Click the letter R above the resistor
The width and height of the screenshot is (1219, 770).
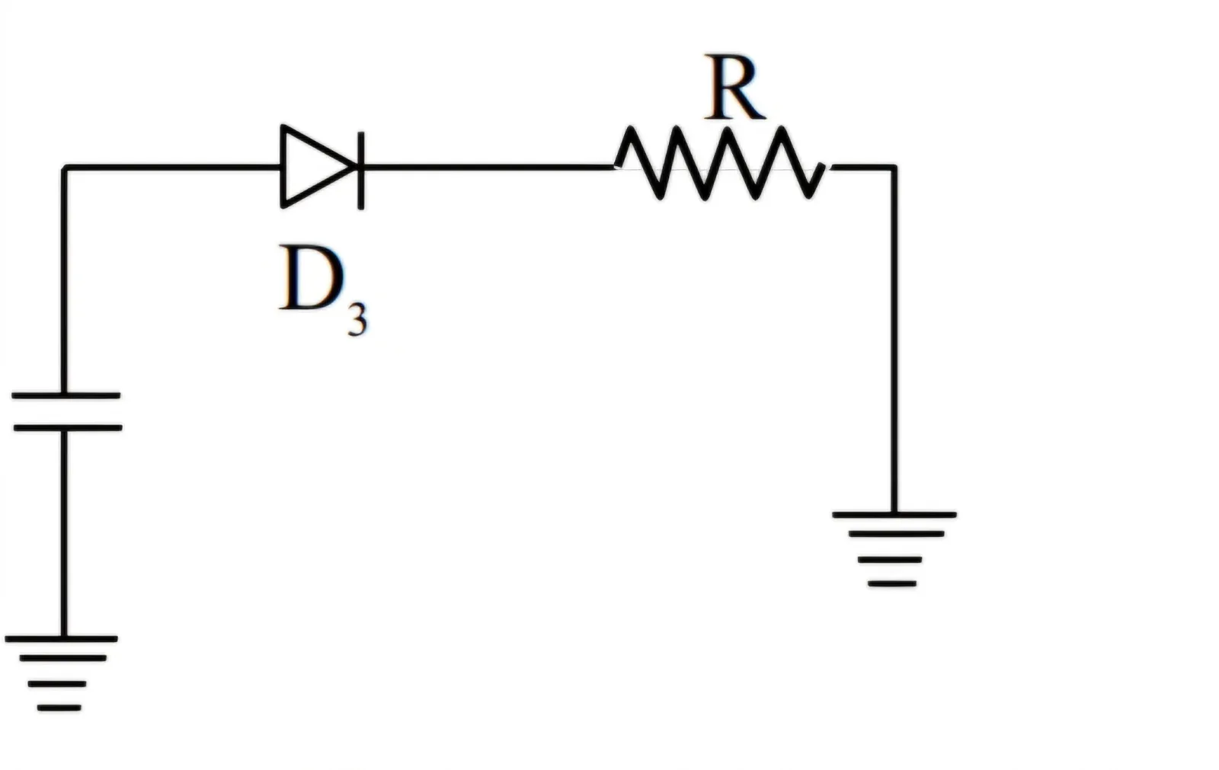coord(734,87)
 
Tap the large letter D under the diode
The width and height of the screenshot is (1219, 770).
coord(312,278)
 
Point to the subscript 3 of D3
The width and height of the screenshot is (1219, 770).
coord(357,319)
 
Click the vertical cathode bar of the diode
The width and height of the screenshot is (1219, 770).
coord(361,171)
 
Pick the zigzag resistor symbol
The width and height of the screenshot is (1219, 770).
coord(720,163)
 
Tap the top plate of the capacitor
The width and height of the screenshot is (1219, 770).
coord(66,395)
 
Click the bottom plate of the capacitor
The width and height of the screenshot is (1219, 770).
coord(68,428)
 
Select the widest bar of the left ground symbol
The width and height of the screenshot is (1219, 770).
coord(62,638)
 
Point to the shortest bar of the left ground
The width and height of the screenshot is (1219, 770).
coord(59,708)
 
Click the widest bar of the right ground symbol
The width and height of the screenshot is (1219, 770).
coord(894,514)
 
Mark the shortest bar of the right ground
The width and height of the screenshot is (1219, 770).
coord(892,584)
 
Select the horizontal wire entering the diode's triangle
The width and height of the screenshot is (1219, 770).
coord(172,167)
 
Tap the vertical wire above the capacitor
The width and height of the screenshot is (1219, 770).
coord(64,280)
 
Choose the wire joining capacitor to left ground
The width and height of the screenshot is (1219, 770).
coord(64,532)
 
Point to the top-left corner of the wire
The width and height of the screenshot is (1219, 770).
coord(64,167)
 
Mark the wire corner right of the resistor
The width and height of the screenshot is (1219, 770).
coord(894,167)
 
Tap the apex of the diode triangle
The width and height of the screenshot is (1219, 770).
coord(357,167)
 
